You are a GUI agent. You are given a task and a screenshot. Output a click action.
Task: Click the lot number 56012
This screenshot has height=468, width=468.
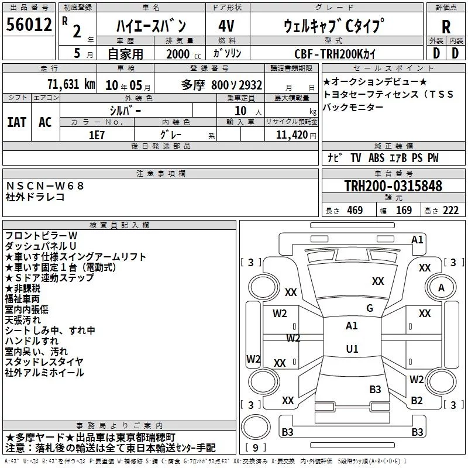[x=29, y=24]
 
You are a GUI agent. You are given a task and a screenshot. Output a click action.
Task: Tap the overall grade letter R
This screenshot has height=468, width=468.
[x=446, y=27]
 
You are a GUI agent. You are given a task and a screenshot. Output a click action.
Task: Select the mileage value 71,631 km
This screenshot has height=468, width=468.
[x=71, y=84]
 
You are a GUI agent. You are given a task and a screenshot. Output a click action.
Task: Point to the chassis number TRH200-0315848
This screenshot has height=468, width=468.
[x=393, y=185]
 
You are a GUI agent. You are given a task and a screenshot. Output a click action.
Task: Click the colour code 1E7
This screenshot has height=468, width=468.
[x=97, y=135]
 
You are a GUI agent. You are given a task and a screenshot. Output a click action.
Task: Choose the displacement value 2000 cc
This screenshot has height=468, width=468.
[x=184, y=54]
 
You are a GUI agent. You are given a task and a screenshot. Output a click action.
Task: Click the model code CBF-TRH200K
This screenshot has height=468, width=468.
[x=335, y=54]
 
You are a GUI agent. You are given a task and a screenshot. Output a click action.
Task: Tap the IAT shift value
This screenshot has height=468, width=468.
[x=17, y=122]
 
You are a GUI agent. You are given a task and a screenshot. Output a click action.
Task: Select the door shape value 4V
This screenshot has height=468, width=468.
[x=226, y=26]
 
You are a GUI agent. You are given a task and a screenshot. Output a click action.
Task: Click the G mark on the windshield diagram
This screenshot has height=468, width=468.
[x=370, y=308]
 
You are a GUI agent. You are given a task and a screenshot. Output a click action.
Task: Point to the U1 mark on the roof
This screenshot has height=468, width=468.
[x=352, y=349]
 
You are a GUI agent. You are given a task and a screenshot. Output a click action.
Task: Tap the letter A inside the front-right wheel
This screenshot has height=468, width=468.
[x=441, y=288]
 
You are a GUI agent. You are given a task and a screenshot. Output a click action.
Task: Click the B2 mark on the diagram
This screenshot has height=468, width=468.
[x=417, y=400]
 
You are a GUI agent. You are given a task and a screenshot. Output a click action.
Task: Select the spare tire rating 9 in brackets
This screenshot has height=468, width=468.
[x=256, y=448]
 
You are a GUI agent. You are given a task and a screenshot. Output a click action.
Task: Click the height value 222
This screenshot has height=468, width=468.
[x=450, y=210]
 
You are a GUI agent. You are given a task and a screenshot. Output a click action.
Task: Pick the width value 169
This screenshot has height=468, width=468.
[x=404, y=210]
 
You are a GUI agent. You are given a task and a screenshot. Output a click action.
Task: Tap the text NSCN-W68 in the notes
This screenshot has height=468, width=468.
[x=45, y=186]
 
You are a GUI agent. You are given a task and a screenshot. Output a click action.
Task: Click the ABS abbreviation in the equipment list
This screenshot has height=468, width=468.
[x=376, y=158]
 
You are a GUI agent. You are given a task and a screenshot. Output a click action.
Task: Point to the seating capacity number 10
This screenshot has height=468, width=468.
[x=240, y=111]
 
